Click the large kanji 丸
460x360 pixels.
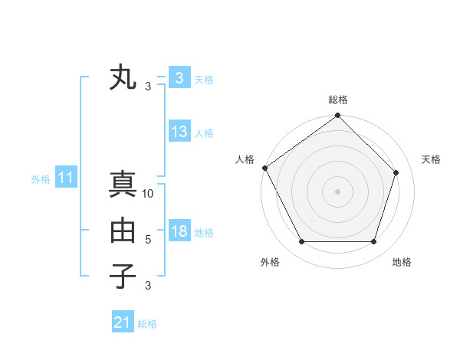[123, 78]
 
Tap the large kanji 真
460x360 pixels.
[123, 185]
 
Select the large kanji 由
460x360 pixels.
[123, 231]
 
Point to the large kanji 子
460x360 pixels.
[123, 276]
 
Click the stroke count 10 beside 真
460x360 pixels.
[149, 194]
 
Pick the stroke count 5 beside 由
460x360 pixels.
[148, 240]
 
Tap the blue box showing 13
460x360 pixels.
[179, 132]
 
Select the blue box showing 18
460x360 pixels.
[179, 231]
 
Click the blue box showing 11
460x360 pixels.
[66, 178]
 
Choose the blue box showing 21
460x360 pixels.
[123, 322]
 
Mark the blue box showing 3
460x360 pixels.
[179, 78]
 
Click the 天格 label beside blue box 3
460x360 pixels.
[204, 79]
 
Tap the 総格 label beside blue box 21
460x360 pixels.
[147, 324]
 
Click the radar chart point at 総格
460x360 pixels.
[337, 116]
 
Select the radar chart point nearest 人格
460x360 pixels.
[265, 168]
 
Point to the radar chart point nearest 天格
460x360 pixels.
[396, 172]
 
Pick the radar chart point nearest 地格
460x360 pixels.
[373, 241]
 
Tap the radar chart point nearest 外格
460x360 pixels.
[301, 241]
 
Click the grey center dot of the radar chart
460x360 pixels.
[337, 191]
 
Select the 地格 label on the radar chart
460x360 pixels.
[402, 262]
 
